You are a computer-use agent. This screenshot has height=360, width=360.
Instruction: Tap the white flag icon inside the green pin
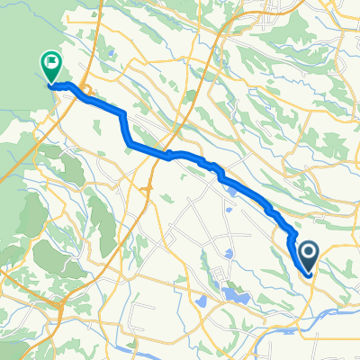(50, 63)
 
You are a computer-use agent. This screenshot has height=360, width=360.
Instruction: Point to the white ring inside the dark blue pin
(308, 253)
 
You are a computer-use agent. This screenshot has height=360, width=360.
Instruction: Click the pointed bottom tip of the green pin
(50, 85)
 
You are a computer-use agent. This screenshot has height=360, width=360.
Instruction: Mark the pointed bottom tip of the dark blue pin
(308, 274)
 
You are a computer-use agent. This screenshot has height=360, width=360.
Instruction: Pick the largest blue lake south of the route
(238, 293)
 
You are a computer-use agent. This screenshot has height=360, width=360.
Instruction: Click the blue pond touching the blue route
(231, 188)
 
